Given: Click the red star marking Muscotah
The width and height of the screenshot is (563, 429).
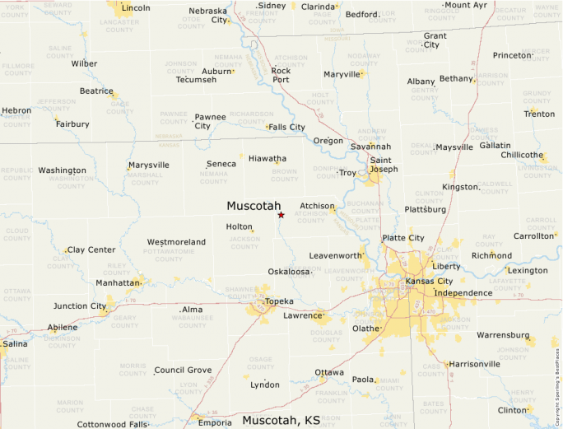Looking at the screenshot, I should [x=281, y=215].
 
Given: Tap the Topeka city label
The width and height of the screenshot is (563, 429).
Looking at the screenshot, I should [x=279, y=301].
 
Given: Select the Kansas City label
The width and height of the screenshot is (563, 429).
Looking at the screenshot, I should [x=430, y=282].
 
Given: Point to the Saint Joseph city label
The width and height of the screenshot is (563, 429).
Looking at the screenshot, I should [x=384, y=165].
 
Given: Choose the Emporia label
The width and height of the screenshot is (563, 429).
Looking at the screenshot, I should [x=215, y=422].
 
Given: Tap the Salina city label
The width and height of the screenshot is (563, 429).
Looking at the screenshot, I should [x=15, y=343].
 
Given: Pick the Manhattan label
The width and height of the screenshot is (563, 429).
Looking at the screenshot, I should [x=118, y=282].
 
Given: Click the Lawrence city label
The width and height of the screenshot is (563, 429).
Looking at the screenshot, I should [x=302, y=315].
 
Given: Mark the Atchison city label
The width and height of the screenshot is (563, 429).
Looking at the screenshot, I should [x=317, y=206].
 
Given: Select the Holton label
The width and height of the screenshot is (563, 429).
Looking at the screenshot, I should [x=239, y=226].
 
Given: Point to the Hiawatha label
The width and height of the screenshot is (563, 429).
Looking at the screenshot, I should [x=268, y=158].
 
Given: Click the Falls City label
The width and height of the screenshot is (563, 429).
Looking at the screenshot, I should [x=286, y=127].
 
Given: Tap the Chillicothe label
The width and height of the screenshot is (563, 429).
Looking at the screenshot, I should [x=522, y=155].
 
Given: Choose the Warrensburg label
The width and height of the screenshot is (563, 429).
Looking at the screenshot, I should [x=501, y=335].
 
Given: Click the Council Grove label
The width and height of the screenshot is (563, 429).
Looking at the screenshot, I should [x=183, y=371].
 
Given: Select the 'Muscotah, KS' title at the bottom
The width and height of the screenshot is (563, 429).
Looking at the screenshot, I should [x=281, y=420].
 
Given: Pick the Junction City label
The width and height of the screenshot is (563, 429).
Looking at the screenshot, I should [x=80, y=306].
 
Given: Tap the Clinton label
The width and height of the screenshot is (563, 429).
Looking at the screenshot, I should [x=512, y=409].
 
